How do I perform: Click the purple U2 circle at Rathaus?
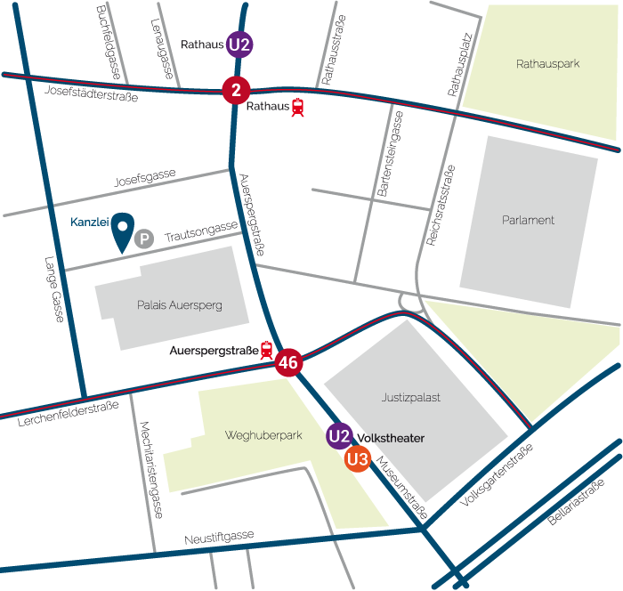[x=239, y=45]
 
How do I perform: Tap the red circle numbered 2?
[x=236, y=90]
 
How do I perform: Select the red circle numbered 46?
[x=287, y=362]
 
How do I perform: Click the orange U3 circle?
[x=358, y=460]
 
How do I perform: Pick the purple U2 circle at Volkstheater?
[x=338, y=436]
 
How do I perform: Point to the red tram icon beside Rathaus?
[x=297, y=108]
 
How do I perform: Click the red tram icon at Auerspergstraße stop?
[x=266, y=351]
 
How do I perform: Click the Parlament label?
[x=529, y=220]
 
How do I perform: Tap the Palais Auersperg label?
[x=180, y=305]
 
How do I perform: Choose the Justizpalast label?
[x=410, y=398]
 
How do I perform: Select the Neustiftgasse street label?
[x=219, y=538]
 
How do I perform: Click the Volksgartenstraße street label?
[x=496, y=474]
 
